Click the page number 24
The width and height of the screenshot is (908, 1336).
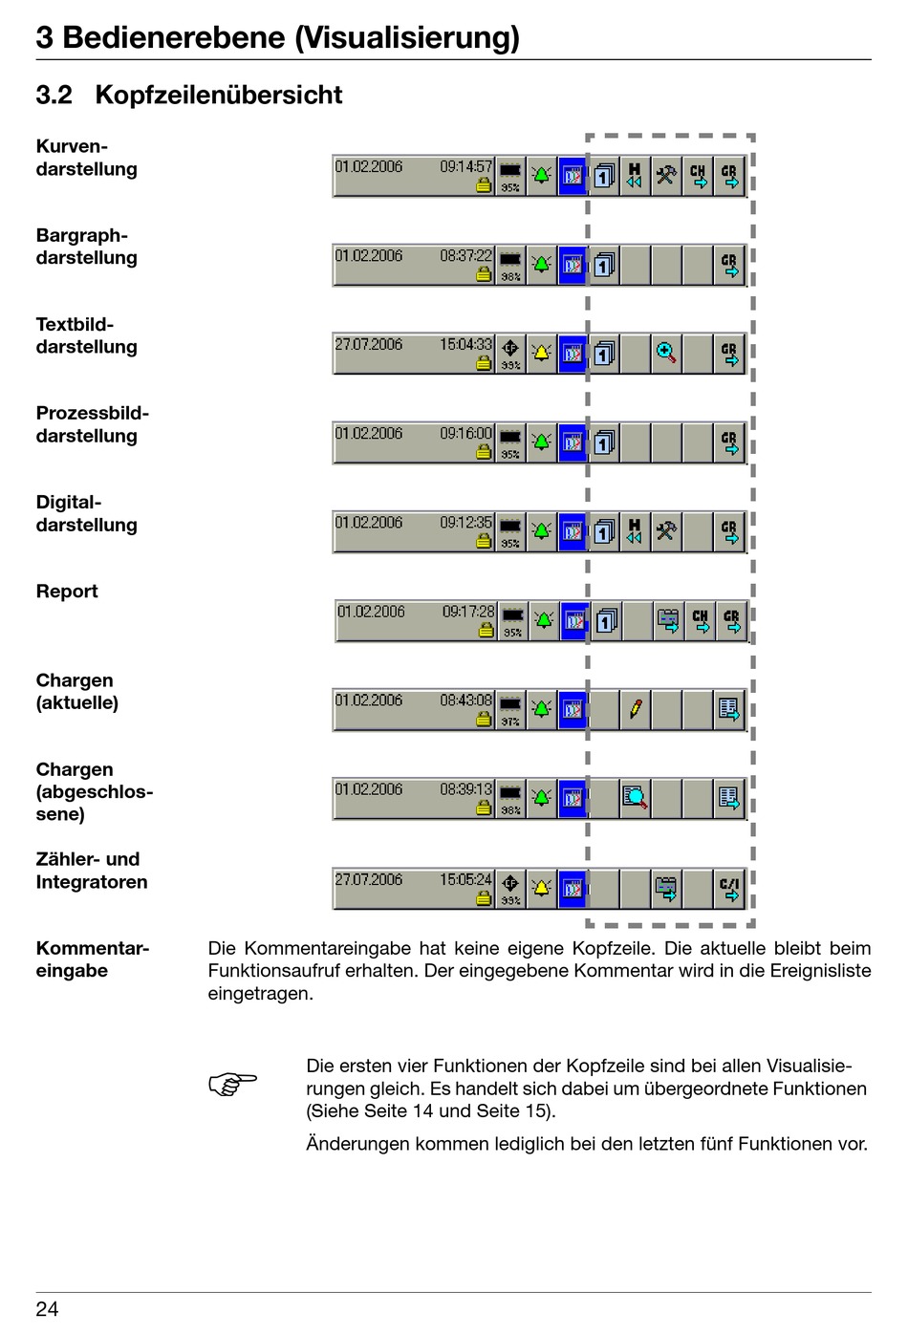(47, 1309)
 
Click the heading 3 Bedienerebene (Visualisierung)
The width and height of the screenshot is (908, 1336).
(277, 37)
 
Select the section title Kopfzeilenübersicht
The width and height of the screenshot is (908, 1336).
(218, 95)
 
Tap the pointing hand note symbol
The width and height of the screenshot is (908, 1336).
(232, 1085)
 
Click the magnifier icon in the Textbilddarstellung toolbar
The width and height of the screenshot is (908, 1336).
(666, 354)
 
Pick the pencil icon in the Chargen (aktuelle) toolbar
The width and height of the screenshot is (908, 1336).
(635, 709)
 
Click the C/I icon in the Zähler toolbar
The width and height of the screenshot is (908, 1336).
(729, 888)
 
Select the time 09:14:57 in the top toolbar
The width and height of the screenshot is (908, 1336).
(465, 166)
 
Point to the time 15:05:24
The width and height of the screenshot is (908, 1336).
(465, 879)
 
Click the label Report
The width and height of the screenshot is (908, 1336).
(67, 592)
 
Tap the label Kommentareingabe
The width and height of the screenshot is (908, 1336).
(92, 959)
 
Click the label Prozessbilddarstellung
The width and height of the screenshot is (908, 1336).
(92, 424)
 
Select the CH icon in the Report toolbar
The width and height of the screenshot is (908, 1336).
(701, 621)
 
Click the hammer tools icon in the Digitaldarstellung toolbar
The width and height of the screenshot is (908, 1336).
(666, 530)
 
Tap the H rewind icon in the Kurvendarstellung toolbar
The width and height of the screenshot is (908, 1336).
(634, 176)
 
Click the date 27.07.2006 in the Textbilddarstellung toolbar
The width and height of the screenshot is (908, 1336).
(368, 344)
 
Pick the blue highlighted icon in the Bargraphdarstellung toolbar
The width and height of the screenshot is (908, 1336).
(573, 265)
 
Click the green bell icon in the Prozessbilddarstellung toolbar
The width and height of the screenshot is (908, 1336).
(541, 442)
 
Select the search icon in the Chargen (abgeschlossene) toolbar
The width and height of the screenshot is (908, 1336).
(635, 798)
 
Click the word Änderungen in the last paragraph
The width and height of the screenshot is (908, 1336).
(357, 1144)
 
